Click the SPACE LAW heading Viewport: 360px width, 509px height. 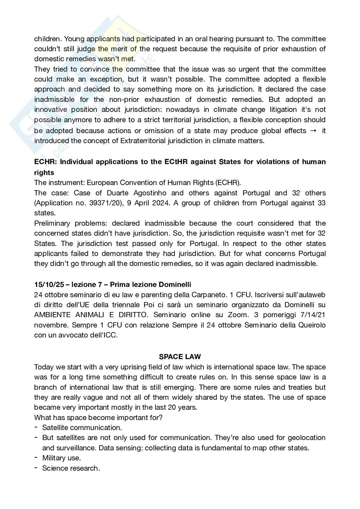point(180,357)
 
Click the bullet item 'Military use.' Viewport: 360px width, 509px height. point(61,458)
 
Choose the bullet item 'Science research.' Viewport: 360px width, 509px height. point(71,468)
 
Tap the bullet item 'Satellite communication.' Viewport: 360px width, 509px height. point(82,427)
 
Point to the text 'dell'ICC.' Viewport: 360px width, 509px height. point(103,335)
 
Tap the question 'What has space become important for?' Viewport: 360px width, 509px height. point(98,417)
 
